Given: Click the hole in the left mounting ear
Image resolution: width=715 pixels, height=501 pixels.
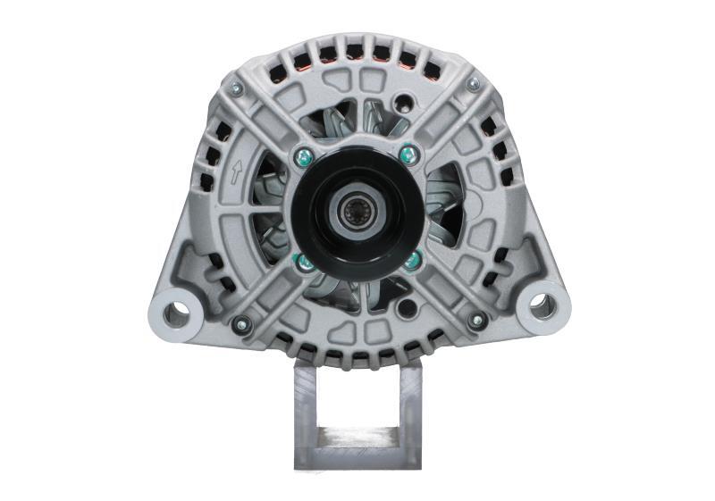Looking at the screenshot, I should click(x=177, y=312).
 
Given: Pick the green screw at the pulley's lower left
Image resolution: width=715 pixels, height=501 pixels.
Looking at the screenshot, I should click(x=304, y=261).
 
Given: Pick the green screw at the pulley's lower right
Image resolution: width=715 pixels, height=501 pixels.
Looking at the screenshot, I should click(x=411, y=261).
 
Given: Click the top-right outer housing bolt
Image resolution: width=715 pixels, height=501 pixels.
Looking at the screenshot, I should click(x=473, y=84).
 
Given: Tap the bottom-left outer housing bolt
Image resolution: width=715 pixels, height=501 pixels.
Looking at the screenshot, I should click(x=239, y=324).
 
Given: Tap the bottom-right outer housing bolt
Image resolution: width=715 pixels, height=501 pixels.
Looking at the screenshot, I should click(x=477, y=320).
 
